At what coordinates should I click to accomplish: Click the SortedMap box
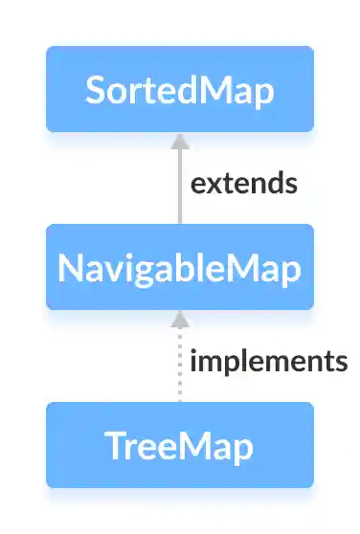point(179,89)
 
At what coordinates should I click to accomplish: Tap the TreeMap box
point(179,445)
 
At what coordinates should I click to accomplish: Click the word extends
point(243,183)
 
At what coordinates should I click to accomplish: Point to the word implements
point(268,361)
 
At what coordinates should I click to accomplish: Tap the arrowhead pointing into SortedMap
point(179,140)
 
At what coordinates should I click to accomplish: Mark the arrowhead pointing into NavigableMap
point(179,318)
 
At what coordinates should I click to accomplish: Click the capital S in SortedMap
point(94,90)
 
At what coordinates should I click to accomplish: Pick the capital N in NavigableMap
point(69,268)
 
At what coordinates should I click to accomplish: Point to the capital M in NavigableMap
point(240,268)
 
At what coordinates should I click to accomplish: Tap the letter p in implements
point(232,364)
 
